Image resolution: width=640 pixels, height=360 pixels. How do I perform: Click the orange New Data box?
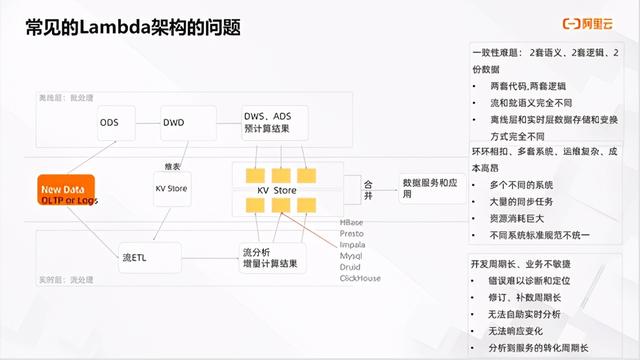[63, 193]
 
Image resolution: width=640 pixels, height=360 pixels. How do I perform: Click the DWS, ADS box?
[269, 121]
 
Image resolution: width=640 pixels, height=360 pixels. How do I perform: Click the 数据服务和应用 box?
[425, 189]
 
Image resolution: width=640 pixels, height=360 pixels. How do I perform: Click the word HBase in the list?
[352, 222]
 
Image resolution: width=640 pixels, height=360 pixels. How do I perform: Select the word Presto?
[352, 233]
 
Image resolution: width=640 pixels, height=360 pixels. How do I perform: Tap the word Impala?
[353, 244]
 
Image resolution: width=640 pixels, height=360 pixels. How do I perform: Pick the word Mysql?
[351, 256]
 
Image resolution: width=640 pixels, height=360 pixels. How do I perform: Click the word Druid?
[350, 267]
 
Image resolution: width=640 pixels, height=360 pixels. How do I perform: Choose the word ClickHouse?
[360, 278]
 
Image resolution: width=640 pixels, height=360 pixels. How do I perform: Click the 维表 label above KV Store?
[172, 165]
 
